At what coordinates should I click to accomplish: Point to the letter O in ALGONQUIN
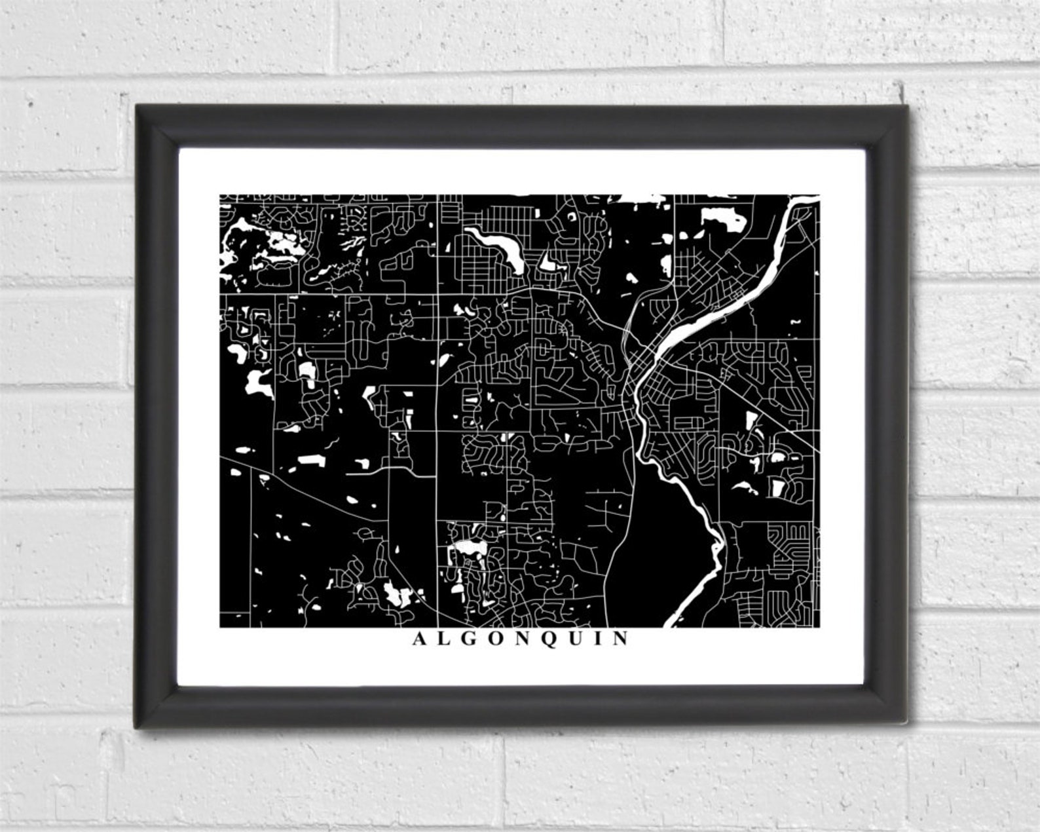click(496, 639)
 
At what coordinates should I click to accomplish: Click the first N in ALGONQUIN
click(522, 639)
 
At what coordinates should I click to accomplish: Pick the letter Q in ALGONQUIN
click(549, 639)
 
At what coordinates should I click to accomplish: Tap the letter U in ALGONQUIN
click(575, 639)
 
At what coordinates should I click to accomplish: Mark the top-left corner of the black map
click(220, 195)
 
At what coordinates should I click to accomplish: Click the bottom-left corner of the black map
click(220, 627)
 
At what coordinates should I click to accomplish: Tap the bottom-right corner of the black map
click(819, 627)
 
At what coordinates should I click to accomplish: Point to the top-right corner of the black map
click(819, 195)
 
